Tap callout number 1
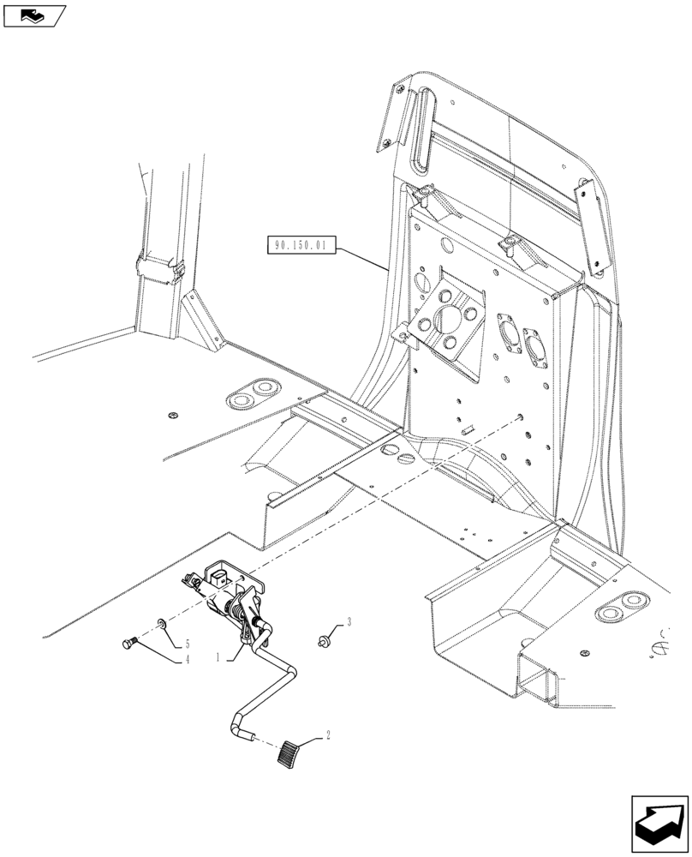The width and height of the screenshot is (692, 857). tap(218, 658)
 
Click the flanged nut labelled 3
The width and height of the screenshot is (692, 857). tap(324, 638)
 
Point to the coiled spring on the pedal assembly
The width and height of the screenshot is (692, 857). tap(234, 610)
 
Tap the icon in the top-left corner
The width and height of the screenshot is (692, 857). tap(33, 15)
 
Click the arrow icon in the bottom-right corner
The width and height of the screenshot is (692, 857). tap(658, 822)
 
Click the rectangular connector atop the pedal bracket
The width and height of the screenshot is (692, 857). tap(221, 575)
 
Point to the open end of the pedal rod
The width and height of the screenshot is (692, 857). tap(249, 735)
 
